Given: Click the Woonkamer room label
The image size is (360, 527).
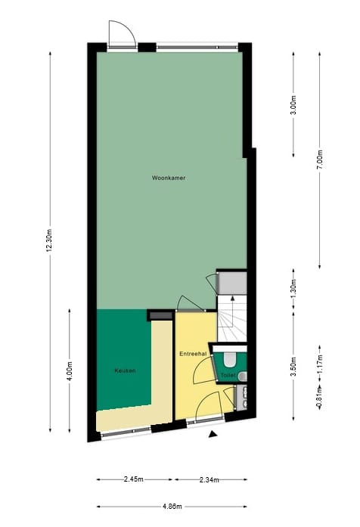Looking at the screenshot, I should [169, 178].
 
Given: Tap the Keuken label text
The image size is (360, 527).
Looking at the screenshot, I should [125, 370].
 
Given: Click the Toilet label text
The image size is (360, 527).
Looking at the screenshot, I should [228, 375].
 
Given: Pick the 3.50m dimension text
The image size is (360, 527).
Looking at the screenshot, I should [293, 370].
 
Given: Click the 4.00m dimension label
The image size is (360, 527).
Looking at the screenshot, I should [69, 370].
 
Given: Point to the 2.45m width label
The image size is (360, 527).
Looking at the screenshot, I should [134, 479].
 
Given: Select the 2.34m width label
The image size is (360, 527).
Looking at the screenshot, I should [209, 479].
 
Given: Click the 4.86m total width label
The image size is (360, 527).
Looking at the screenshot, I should [172, 507].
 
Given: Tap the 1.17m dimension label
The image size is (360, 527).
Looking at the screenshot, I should [320, 364].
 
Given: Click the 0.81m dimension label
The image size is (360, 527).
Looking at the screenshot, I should [320, 395].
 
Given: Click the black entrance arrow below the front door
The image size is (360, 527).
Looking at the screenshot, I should [214, 434].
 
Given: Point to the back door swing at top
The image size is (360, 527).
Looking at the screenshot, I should [120, 33].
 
